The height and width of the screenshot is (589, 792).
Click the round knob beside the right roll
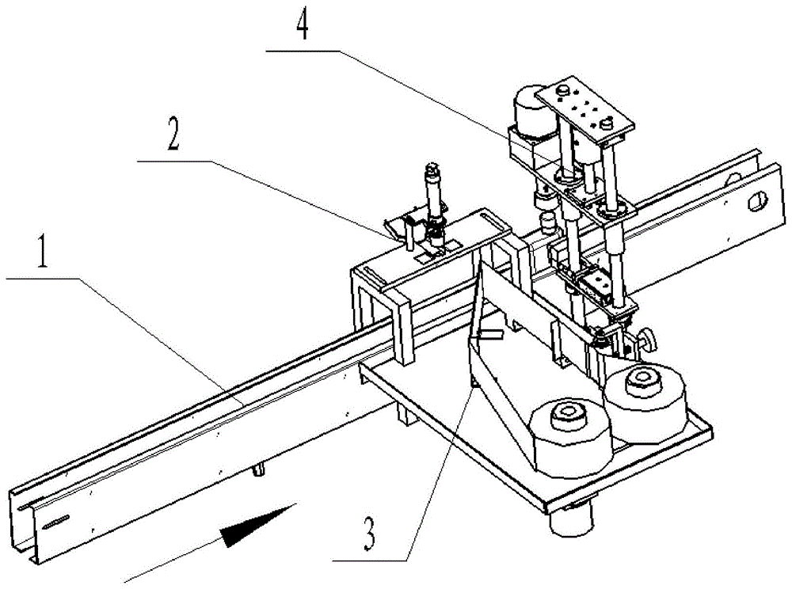click(x=651, y=341)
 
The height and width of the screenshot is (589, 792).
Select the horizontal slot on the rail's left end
click(x=56, y=522)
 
